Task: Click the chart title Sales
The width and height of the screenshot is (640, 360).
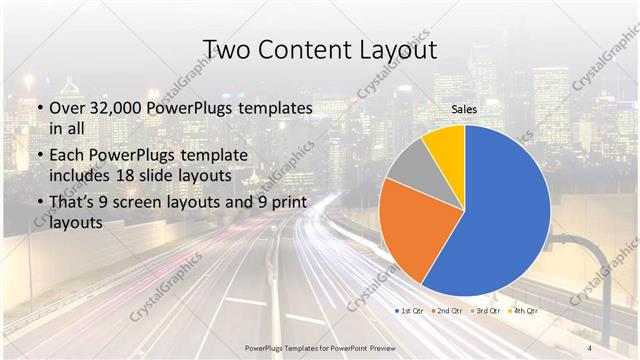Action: (463, 109)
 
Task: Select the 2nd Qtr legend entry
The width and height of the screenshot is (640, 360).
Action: (453, 311)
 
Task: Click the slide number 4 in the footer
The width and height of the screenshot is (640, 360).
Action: (590, 347)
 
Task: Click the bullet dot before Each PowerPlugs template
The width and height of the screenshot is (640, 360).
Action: (38, 154)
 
